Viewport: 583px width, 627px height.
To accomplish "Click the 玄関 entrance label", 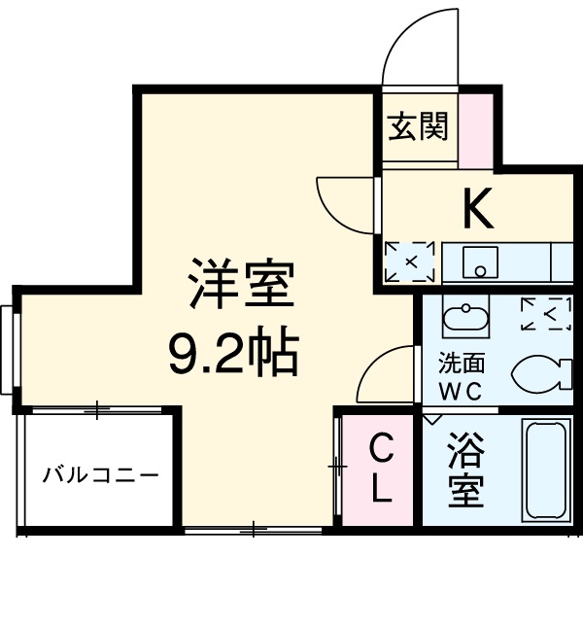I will point(420,126).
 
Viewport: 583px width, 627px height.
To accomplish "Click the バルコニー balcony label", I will point(100,475).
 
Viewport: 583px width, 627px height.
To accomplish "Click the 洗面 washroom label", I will point(461,369).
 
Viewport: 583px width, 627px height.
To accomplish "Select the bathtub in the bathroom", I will point(548,471).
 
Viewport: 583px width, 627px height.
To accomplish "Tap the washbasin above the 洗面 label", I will point(465,319).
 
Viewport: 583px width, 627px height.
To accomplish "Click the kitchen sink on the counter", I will point(479,261).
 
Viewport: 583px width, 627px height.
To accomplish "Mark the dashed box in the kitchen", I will point(409,261).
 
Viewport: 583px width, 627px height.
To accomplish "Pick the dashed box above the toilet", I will point(544,313).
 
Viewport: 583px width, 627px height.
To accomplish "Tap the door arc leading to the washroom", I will point(387,374).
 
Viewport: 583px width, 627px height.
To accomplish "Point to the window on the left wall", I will point(8,350).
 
